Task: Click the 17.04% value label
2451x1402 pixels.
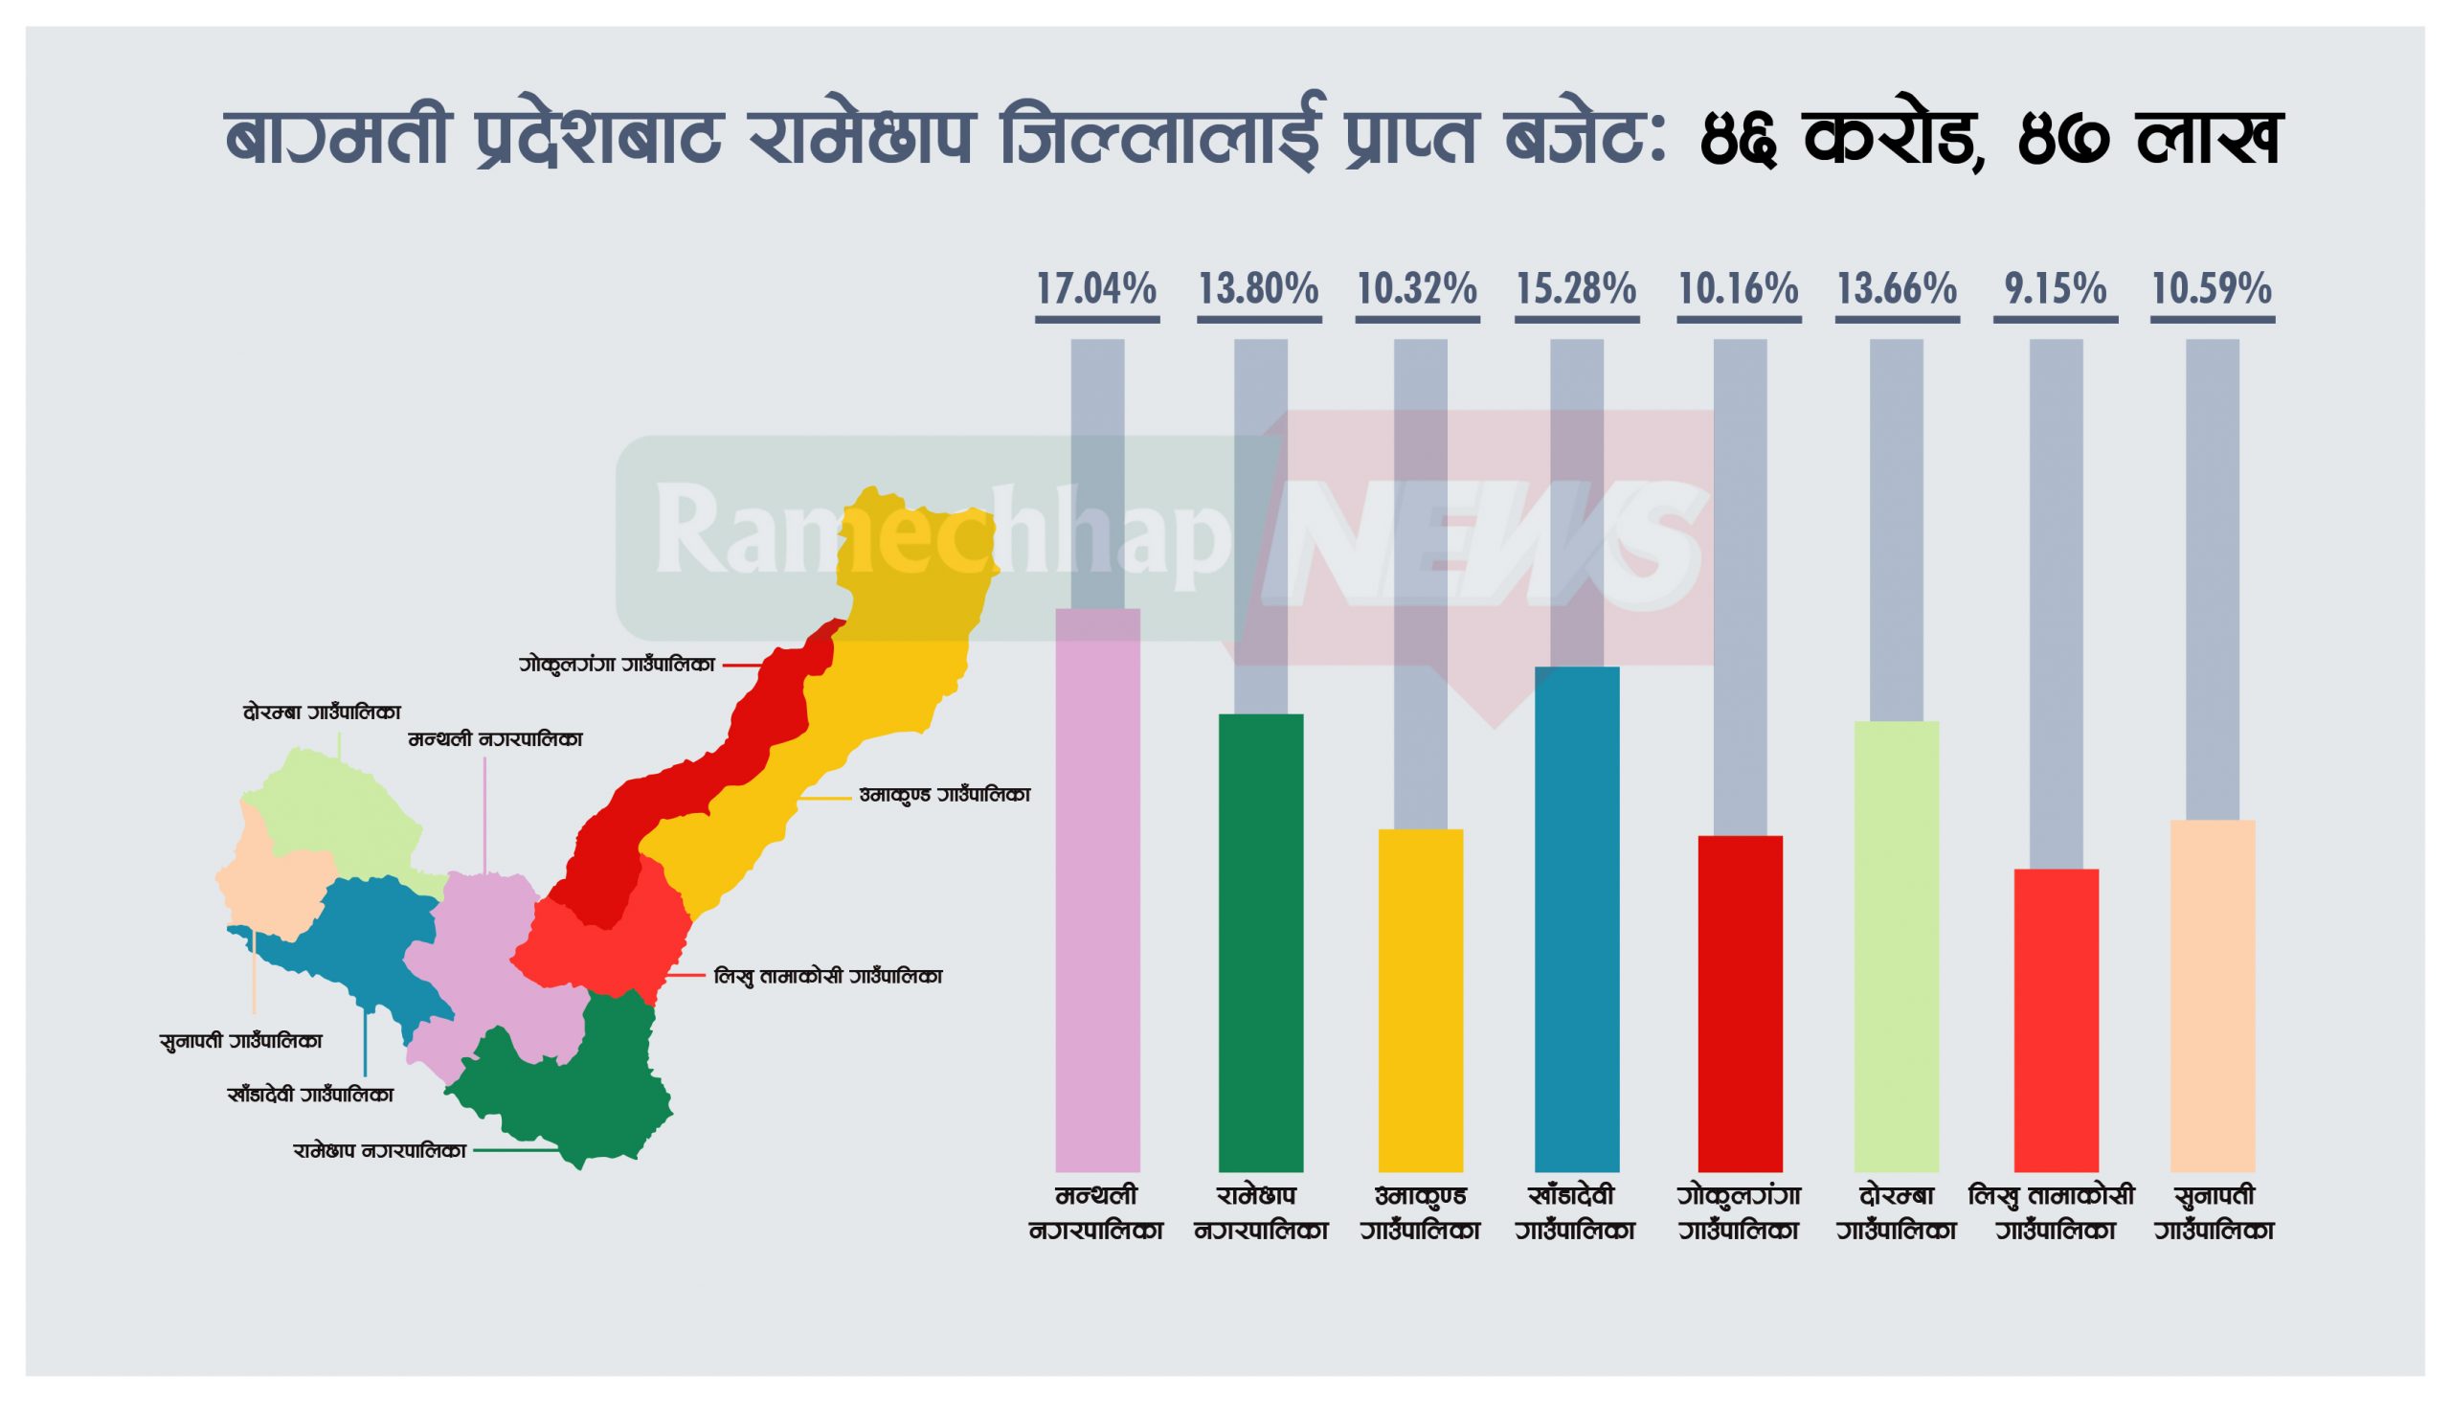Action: click(x=1096, y=290)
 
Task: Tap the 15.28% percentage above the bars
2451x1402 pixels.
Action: click(x=1576, y=290)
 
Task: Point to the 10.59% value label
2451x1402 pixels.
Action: click(x=2212, y=290)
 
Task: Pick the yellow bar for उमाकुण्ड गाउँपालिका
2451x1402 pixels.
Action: click(x=1420, y=1002)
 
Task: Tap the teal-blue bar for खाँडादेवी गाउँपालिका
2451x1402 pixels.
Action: click(x=1577, y=919)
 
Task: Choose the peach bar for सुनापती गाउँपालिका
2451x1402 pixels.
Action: click(x=2213, y=997)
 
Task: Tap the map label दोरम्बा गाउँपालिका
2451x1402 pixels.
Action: click(x=322, y=713)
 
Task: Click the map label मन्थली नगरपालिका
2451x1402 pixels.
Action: click(x=495, y=740)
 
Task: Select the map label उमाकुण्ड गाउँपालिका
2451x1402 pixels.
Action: click(x=944, y=796)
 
